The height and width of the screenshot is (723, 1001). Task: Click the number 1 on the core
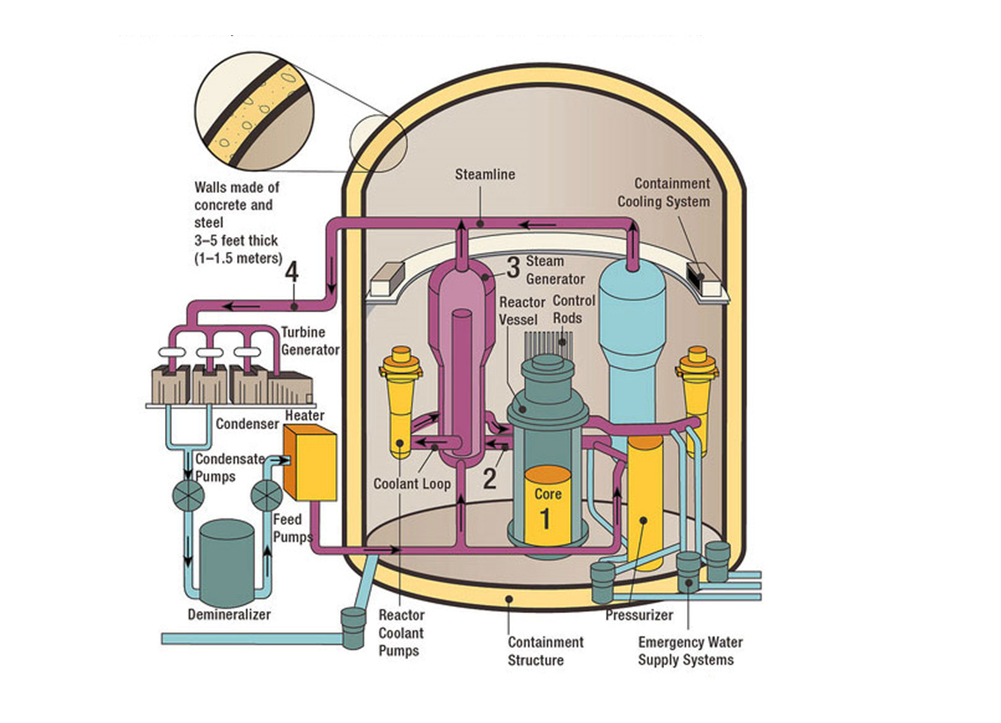tap(545, 519)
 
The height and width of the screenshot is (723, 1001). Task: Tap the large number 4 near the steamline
tap(292, 272)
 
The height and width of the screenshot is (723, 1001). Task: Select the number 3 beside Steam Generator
tap(513, 267)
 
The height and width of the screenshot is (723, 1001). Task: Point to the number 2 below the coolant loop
tap(490, 478)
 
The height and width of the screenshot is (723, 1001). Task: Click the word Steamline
tap(484, 174)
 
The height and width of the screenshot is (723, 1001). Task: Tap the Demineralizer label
tap(229, 614)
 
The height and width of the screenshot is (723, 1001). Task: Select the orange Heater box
tap(310, 463)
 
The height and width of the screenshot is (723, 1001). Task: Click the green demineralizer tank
tap(227, 562)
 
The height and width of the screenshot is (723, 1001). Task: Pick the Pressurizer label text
tap(639, 615)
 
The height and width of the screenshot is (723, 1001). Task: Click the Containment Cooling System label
tap(664, 192)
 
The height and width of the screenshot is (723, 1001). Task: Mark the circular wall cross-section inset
tap(254, 110)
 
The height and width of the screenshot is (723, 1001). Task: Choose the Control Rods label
tap(574, 309)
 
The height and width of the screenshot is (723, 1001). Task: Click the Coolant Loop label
tap(412, 484)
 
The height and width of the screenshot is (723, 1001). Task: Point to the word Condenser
tap(247, 424)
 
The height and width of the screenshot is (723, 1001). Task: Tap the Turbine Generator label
tap(310, 341)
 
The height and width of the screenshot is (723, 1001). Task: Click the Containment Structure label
tap(545, 651)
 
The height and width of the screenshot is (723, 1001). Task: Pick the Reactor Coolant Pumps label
tap(401, 633)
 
